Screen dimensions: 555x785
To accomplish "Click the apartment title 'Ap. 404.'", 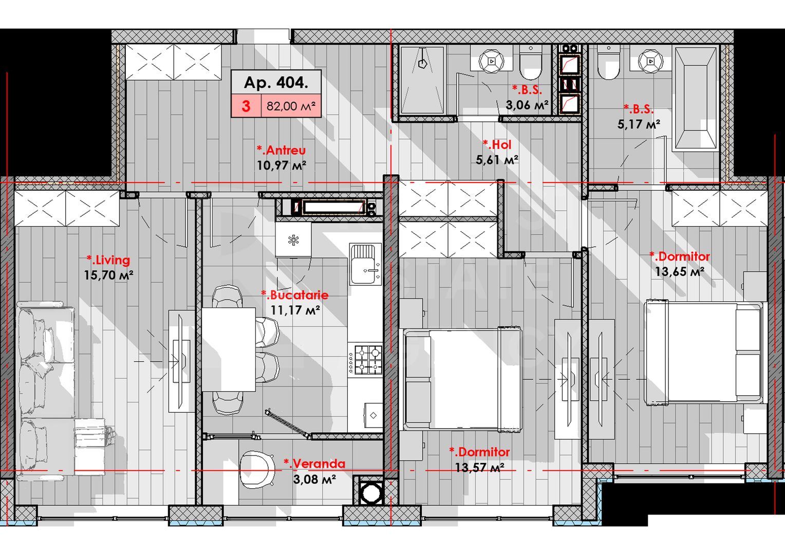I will click(x=276, y=82).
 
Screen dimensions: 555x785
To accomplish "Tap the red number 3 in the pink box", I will click(x=246, y=106).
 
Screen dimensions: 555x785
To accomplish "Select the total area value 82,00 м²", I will click(x=291, y=106).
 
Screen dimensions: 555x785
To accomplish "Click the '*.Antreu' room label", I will click(x=281, y=150).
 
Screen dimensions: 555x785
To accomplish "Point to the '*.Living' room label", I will click(x=108, y=260).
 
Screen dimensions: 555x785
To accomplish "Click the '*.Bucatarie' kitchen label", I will click(x=294, y=295).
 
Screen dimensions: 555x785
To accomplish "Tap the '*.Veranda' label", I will click(x=314, y=464).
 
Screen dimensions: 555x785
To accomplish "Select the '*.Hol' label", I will click(x=497, y=145).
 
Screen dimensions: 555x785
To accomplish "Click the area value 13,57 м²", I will click(x=479, y=468).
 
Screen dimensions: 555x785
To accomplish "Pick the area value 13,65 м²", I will click(x=679, y=272).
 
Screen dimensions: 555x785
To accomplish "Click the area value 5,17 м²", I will click(x=639, y=124).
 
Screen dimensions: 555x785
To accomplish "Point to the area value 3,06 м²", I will click(x=527, y=105).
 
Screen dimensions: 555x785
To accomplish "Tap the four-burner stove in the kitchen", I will click(x=368, y=360).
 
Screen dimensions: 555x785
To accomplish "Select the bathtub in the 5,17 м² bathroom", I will click(x=696, y=98).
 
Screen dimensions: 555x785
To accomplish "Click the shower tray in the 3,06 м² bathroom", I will click(x=422, y=80).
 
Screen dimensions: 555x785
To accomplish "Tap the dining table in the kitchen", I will click(x=228, y=349).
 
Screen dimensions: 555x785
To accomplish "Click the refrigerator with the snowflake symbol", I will click(x=293, y=239).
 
